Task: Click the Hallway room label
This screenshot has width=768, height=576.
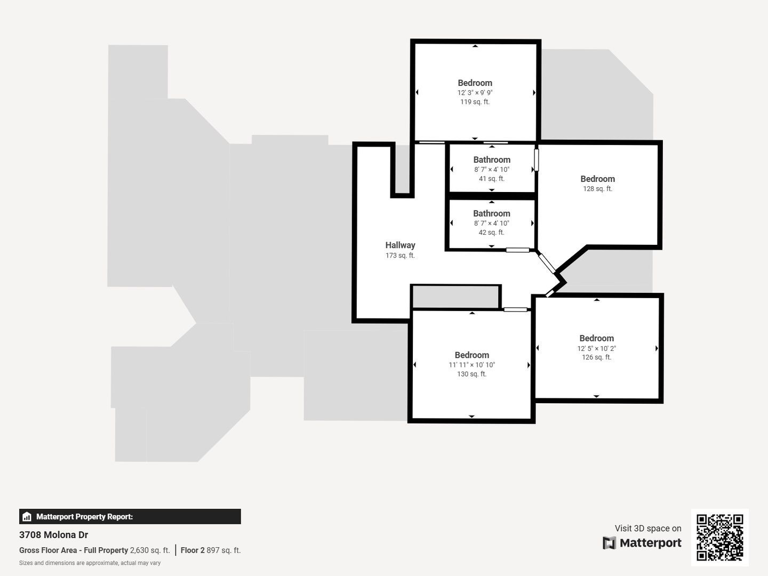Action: (x=401, y=245)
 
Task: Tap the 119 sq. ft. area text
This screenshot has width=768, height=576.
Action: (x=475, y=102)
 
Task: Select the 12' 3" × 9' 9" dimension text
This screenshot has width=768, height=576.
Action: (x=475, y=93)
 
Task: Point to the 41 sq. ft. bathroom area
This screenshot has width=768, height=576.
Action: (x=492, y=179)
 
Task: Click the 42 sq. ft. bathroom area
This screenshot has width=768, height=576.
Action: (x=492, y=233)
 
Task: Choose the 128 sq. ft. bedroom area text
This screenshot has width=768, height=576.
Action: (x=598, y=189)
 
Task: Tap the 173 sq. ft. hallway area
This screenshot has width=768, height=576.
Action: (x=401, y=255)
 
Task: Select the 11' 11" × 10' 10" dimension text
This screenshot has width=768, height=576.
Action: (x=471, y=365)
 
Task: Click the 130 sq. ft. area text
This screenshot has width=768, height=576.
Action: (x=471, y=374)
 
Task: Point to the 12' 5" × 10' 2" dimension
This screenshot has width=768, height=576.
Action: (x=597, y=348)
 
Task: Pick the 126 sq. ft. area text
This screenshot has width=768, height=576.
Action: (x=597, y=357)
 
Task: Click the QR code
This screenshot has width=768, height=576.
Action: (x=719, y=537)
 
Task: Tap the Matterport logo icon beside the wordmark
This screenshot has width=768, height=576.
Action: (x=609, y=543)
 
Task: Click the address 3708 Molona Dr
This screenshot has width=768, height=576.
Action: (x=53, y=535)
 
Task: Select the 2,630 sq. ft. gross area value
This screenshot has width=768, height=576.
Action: (x=150, y=550)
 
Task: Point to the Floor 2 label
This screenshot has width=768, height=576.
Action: (x=193, y=550)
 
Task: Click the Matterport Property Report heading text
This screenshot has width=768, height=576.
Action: (x=84, y=517)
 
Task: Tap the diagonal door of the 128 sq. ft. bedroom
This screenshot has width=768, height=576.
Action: (x=547, y=263)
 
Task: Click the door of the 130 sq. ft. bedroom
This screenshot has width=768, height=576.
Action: (x=515, y=309)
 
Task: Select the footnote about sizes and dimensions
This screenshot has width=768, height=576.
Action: (x=90, y=563)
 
